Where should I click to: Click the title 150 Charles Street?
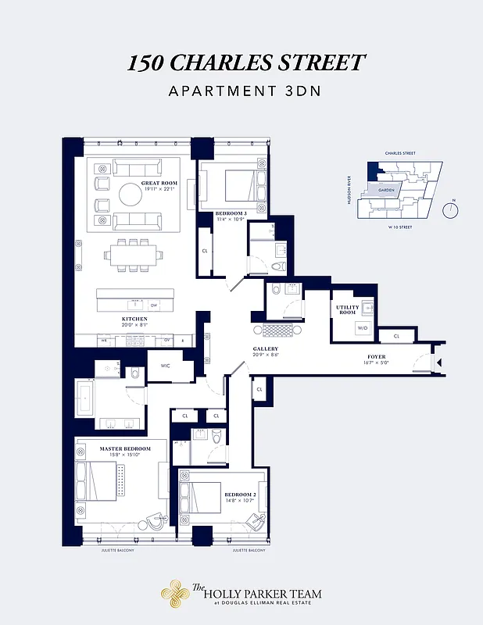coord(246,63)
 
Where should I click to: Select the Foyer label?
coord(377,359)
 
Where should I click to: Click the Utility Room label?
coord(348,310)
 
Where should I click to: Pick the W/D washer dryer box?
coord(363,328)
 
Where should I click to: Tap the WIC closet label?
coord(165,366)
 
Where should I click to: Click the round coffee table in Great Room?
coord(130,195)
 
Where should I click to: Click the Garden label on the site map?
coord(385,190)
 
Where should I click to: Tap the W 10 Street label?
coord(399,227)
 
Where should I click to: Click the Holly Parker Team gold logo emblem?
coord(175,595)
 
